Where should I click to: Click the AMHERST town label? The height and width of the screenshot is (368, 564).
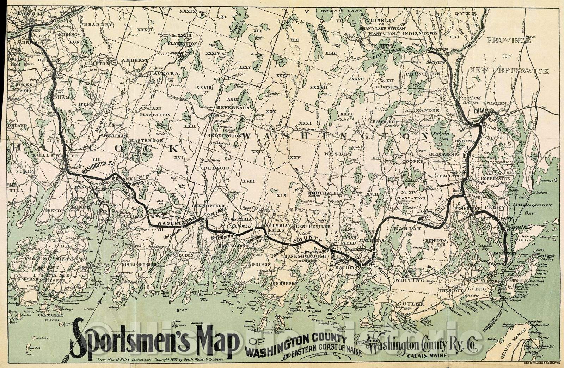[x=135, y=60]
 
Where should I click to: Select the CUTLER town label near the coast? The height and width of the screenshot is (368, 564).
[x=413, y=304]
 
